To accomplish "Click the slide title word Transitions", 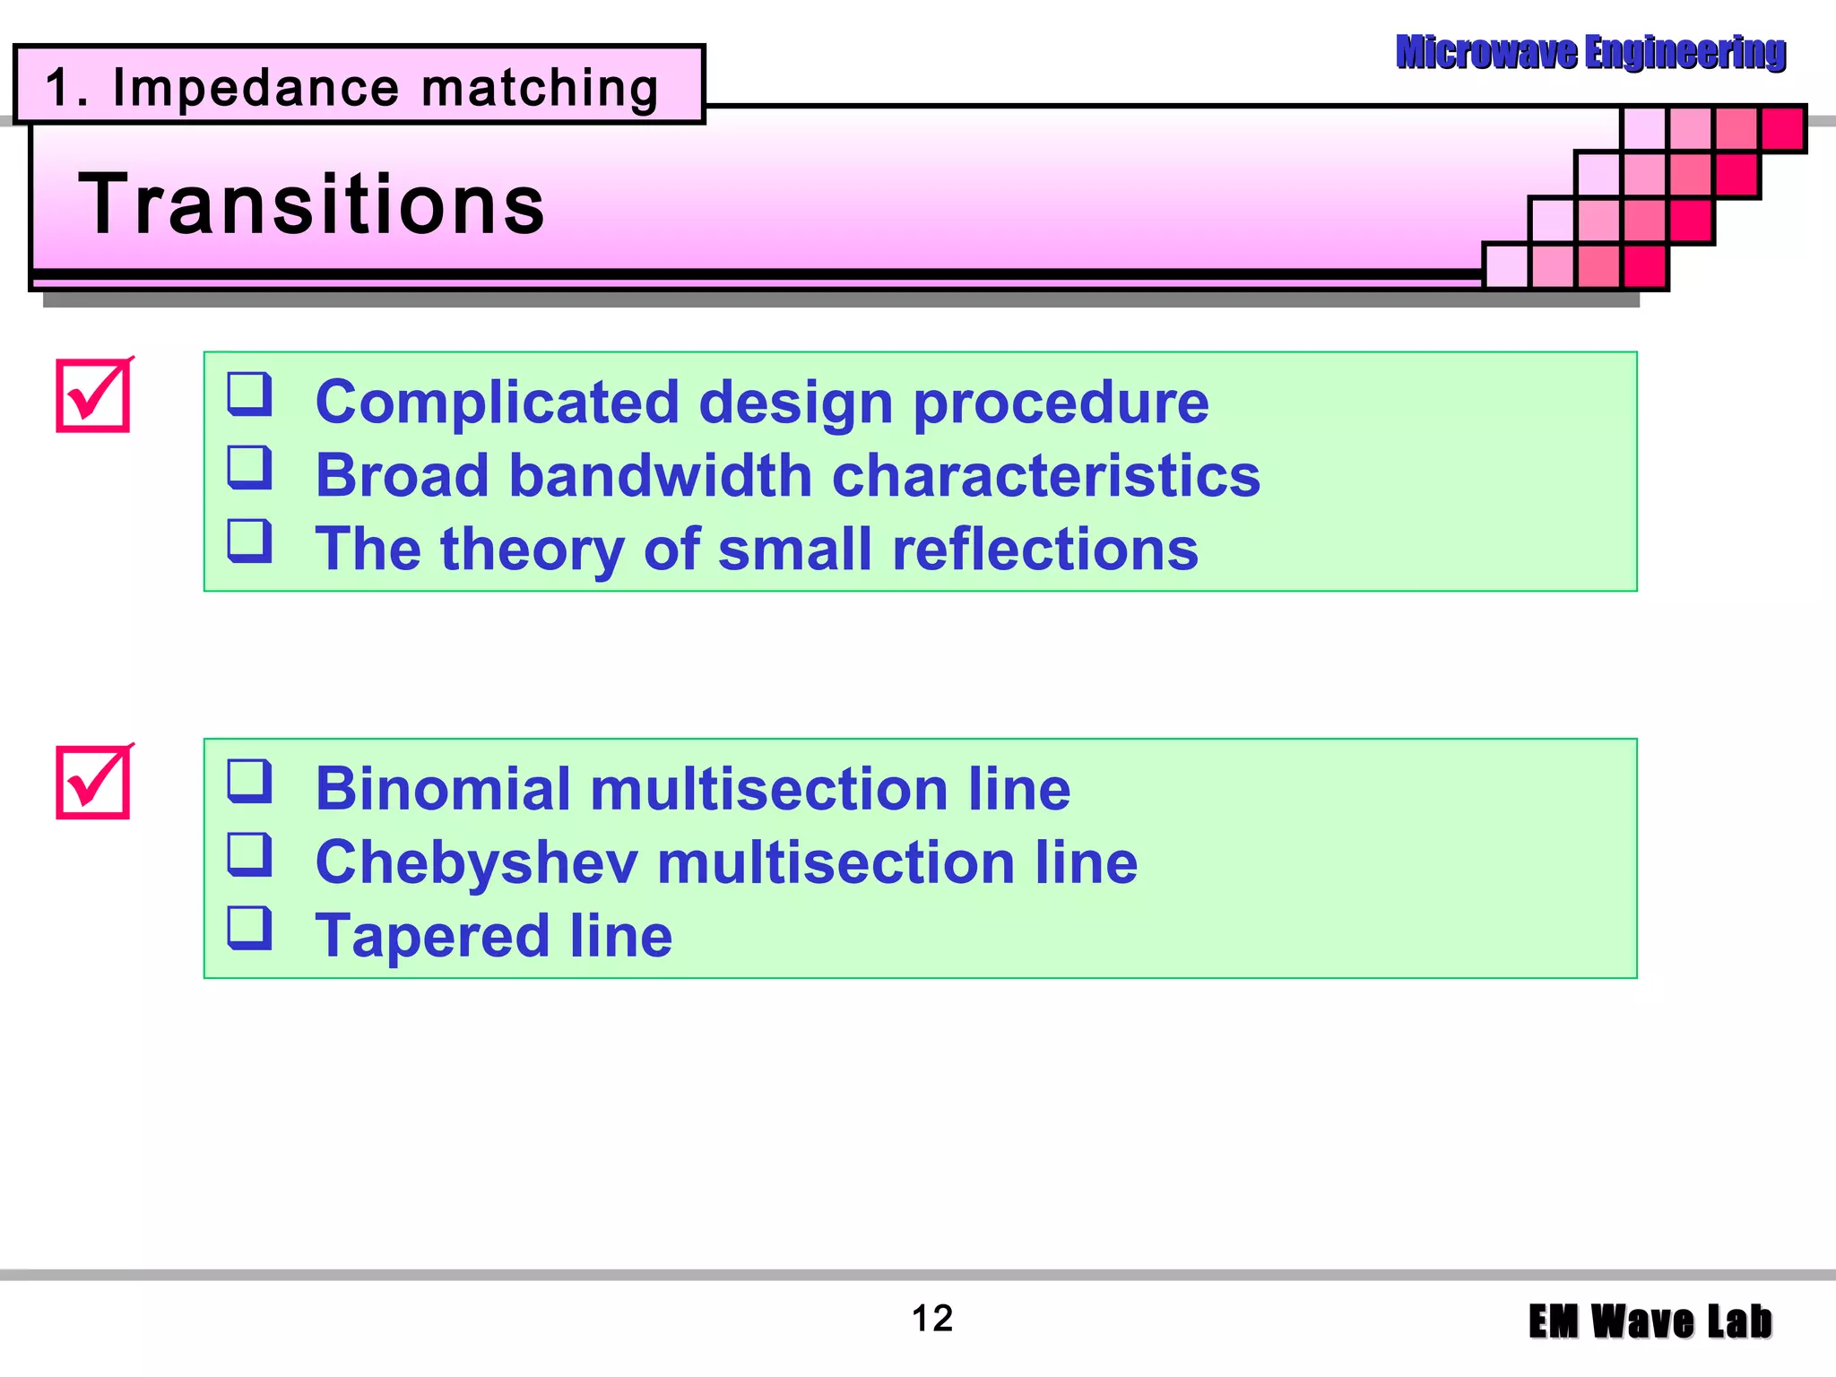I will click(x=312, y=205).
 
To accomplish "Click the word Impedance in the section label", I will click(x=255, y=89).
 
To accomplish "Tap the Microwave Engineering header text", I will click(x=1590, y=52).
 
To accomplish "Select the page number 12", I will click(x=931, y=1319).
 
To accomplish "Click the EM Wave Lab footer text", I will click(x=1650, y=1322).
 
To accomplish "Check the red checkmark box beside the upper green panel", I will click(x=93, y=395).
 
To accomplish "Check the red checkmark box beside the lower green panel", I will click(x=93, y=783).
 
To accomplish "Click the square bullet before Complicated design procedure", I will click(x=249, y=394).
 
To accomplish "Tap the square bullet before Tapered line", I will click(x=249, y=929).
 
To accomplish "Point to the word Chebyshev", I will click(x=477, y=863).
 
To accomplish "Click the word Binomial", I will click(x=443, y=790).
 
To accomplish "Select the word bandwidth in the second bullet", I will click(x=660, y=475).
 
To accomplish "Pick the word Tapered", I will click(x=432, y=937).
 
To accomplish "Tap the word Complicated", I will click(x=498, y=403).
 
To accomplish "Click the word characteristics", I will click(x=1045, y=475).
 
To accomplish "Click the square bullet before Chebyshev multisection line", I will click(x=249, y=854).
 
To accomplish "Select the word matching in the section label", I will click(x=540, y=89).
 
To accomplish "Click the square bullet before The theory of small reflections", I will click(x=249, y=541).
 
